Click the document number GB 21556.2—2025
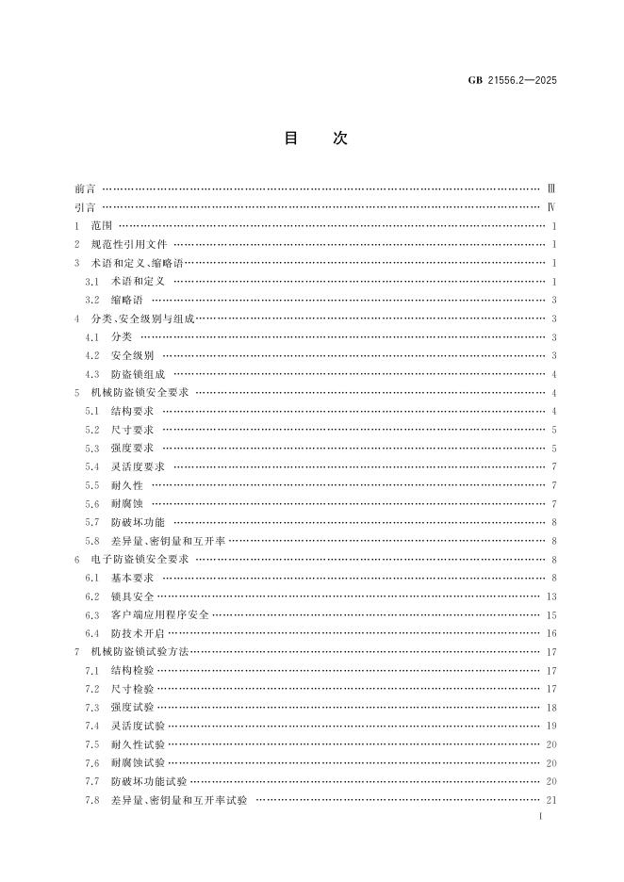coord(513,80)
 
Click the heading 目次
coord(315,139)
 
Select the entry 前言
coord(85,188)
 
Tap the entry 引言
coord(85,207)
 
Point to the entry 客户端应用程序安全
coord(160,614)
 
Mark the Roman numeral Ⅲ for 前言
coord(552,188)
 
